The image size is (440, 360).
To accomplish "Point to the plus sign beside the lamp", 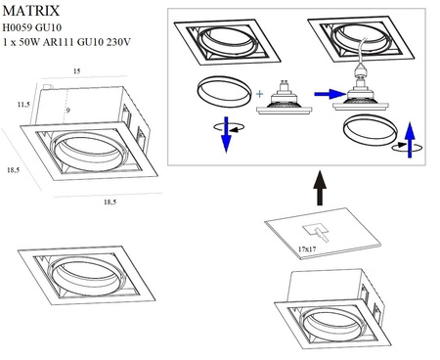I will point(260,95).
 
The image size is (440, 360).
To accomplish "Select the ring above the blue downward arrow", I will point(222,94).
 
